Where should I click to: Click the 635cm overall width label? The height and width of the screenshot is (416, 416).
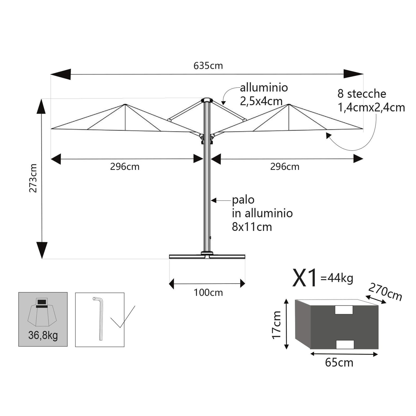208,66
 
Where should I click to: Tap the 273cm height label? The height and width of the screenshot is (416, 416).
33,178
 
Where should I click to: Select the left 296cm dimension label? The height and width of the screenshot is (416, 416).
125,167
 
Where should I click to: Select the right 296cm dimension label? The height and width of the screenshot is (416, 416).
285,167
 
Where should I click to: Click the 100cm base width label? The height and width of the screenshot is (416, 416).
208,293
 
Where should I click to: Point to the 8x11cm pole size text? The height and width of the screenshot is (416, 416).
252,227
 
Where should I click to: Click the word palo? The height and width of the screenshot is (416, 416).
243,200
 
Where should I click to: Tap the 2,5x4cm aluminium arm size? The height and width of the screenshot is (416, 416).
261,101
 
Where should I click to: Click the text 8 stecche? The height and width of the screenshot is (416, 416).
362,94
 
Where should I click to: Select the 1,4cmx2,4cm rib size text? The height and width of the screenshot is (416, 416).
371,107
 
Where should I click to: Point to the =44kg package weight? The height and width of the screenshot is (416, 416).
337,278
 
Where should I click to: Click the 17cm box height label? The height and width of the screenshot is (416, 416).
276,325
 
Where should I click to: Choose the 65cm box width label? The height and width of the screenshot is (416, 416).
339,362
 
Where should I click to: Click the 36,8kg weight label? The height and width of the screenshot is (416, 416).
43,335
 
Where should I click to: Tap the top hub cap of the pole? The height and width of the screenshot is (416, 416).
207,100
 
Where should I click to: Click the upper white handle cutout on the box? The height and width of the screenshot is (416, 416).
344,310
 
